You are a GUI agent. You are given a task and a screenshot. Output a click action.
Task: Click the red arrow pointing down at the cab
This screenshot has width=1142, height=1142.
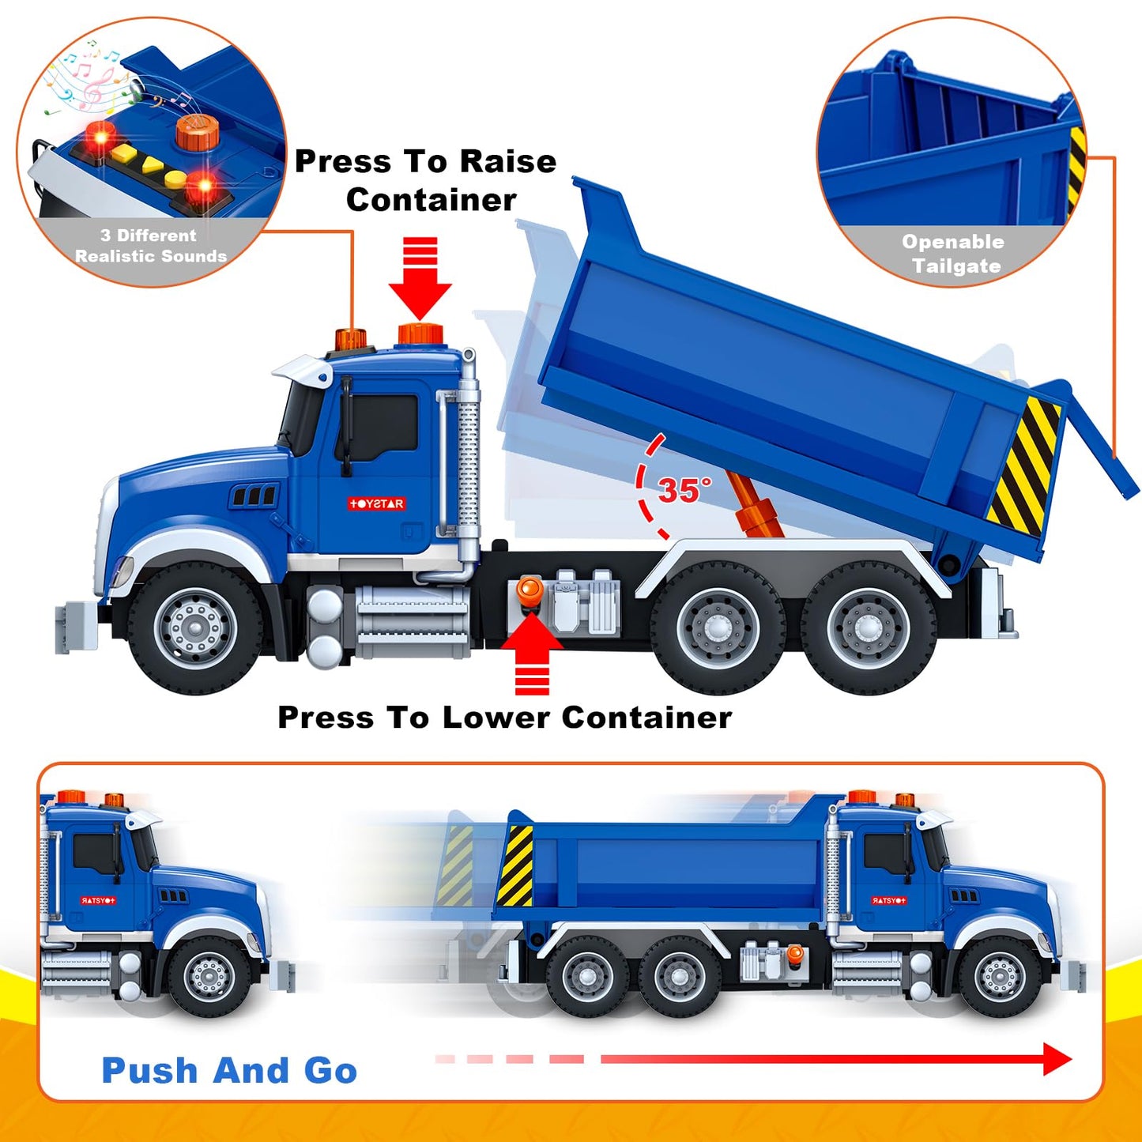[420, 277]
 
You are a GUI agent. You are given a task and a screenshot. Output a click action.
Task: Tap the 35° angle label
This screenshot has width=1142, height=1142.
[684, 490]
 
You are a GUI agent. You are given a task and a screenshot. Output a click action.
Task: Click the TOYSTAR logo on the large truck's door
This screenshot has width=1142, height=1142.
[377, 503]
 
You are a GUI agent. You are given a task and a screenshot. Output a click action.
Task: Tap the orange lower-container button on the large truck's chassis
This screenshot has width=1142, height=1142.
[530, 590]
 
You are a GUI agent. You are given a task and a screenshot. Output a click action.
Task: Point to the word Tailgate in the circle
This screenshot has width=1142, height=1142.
[956, 266]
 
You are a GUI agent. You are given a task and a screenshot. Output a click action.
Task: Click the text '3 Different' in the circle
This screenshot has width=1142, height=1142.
[148, 236]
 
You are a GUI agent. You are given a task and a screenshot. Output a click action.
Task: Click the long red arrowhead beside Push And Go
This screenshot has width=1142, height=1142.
[1057, 1058]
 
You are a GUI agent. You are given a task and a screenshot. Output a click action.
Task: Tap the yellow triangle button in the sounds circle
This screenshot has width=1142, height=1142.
[152, 164]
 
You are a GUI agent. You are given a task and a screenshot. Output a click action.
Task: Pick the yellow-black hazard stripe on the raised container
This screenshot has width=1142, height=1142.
[1024, 466]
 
